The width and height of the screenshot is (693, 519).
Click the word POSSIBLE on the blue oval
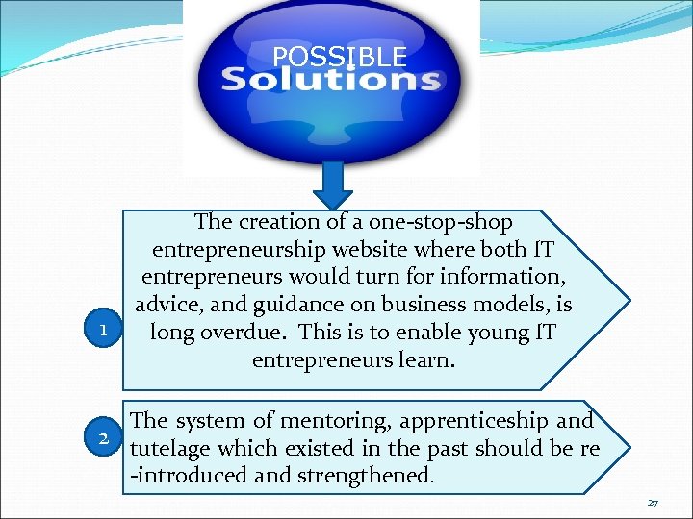[x=340, y=57]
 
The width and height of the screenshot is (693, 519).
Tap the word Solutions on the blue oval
[x=331, y=79]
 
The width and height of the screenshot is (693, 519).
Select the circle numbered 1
[x=103, y=330]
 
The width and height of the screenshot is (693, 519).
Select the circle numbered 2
[x=103, y=438]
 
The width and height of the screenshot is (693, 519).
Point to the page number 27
[x=653, y=503]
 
